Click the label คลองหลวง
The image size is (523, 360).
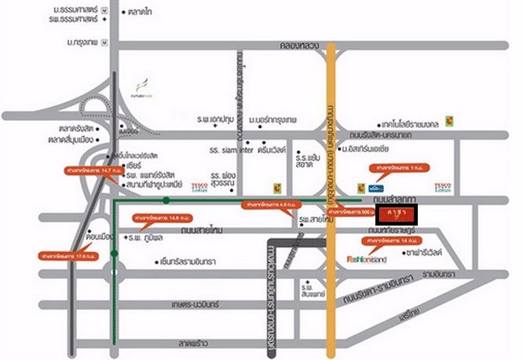click(x=291, y=46)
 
